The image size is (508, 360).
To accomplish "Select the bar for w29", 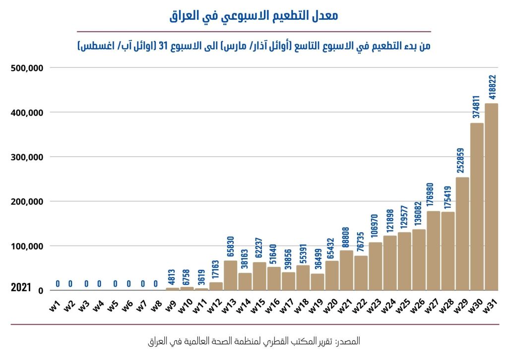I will [462, 234].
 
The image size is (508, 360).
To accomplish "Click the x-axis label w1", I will [55, 303].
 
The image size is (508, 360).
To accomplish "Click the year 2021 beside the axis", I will [21, 288].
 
